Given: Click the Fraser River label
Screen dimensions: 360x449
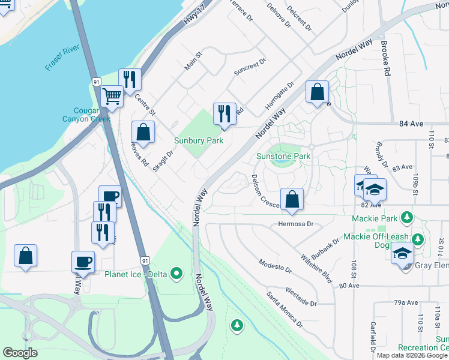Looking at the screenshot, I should pos(62,64).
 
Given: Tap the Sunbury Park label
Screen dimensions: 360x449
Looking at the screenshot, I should pos(199,141).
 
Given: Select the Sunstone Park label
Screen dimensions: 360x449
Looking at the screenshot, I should pos(283,156).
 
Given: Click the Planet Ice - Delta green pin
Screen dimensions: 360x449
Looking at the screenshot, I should pos(176,274).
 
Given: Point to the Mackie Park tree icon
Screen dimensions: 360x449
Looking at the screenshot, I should pos(408,217).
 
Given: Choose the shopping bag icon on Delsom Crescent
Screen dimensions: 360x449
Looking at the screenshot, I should pos(292,199).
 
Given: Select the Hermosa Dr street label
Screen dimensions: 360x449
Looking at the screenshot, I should pos(296,224).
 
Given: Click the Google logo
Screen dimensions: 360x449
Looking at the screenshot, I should pos(20,353).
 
